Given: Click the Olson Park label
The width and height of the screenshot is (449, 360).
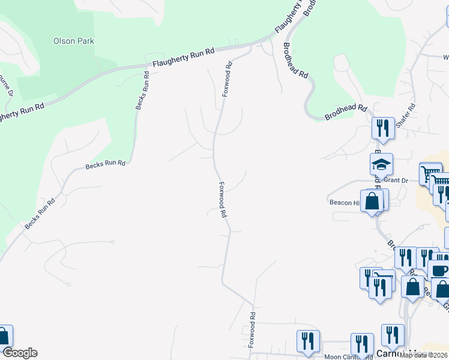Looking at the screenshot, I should (74, 41).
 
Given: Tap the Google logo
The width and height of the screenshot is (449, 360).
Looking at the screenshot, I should (19, 353).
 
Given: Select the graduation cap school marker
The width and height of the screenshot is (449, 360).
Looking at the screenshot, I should (381, 165).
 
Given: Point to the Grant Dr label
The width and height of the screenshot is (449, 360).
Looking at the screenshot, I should (396, 179).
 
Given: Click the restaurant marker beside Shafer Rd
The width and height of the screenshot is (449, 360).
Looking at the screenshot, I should (382, 128).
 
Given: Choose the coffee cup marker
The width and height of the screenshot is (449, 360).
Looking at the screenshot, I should (438, 271).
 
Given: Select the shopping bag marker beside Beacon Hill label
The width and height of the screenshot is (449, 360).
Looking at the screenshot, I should (373, 200).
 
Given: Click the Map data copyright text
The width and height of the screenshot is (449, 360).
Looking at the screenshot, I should (424, 355).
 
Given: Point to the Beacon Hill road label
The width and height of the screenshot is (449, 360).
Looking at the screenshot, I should (345, 203).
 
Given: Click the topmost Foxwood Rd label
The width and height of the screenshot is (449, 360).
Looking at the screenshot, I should (227, 80).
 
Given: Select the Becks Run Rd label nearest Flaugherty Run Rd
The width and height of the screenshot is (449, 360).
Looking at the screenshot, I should (142, 91).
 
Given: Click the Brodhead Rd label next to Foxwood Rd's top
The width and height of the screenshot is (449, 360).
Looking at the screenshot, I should (295, 61).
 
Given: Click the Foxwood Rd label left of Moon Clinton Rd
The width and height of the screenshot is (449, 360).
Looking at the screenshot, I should (253, 331).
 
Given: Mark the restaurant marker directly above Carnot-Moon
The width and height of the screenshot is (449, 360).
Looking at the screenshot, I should (392, 335).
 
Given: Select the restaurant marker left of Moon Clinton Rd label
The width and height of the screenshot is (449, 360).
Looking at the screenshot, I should (308, 341).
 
